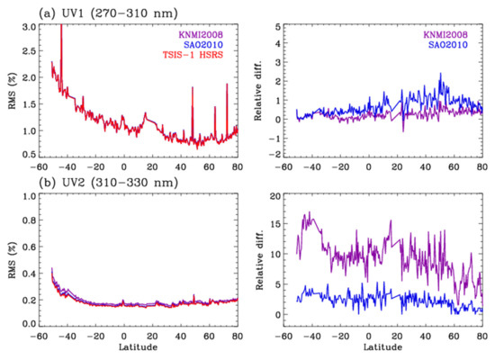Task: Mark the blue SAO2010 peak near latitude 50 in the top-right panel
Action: point(441,75)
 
